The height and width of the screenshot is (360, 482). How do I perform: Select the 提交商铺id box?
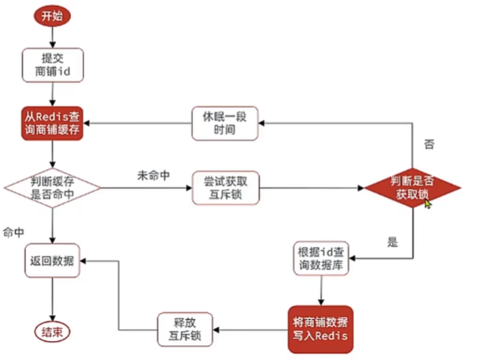(53, 66)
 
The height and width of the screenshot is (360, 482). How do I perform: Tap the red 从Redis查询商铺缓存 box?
(53, 124)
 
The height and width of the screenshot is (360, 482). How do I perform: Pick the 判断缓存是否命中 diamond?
(53, 188)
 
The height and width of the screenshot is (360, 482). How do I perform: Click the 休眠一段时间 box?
(225, 124)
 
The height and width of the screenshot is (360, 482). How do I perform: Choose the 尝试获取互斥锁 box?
(225, 188)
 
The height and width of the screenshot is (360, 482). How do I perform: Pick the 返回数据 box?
(53, 260)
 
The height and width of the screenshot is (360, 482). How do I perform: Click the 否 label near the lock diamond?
(429, 145)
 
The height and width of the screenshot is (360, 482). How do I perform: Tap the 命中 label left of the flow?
(14, 233)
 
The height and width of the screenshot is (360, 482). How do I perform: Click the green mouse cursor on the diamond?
(428, 202)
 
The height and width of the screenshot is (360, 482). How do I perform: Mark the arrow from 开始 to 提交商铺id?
(52, 37)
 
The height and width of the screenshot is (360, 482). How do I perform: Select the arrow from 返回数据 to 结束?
(53, 298)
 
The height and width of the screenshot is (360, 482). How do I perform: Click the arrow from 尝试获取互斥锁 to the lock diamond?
(310, 188)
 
